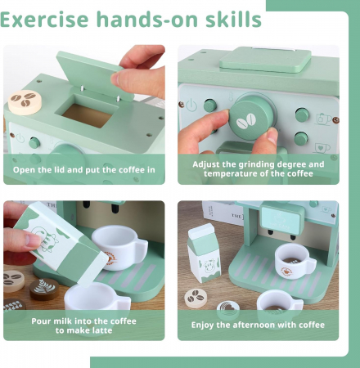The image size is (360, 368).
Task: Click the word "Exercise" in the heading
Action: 44,20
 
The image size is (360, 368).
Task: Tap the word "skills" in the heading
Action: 233,19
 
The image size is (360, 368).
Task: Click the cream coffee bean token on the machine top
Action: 25,102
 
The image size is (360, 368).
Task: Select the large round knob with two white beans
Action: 251,118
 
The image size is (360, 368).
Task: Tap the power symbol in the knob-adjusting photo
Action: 191,105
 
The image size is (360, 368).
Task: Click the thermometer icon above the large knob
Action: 231,96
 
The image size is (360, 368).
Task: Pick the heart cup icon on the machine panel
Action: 322,148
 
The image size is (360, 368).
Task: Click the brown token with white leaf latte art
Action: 44,289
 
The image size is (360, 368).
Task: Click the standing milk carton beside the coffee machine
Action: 204,253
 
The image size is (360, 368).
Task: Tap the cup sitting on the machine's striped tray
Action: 295,261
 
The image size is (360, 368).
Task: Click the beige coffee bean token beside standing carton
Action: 196,298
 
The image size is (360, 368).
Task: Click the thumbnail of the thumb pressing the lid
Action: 115,79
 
